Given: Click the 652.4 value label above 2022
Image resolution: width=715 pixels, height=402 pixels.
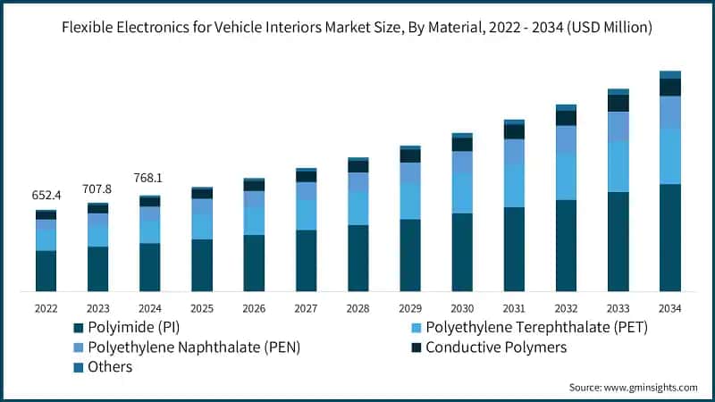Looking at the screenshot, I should point(46,196).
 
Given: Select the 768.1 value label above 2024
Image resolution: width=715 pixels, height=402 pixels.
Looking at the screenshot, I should point(149,178).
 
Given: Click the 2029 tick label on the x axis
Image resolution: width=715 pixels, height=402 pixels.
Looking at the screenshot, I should point(410,307).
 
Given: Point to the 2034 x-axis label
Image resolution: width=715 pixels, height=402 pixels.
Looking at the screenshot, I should point(669,307).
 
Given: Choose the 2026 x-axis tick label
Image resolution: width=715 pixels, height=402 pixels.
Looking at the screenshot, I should point(254,307).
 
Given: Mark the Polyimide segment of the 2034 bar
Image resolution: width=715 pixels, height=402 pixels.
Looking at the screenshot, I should point(669,238).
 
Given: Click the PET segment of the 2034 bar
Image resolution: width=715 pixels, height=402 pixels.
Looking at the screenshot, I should point(669,156).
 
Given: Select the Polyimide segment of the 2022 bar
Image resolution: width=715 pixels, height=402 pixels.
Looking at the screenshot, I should point(46,271).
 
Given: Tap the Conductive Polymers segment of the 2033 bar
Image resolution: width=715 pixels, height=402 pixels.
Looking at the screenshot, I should point(618,103).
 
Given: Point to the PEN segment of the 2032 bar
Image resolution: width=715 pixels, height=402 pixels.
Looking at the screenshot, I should point(566,139).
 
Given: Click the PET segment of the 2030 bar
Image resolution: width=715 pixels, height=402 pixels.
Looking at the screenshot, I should point(462,193).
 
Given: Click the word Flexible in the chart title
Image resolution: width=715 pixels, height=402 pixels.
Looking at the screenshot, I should point(89,28).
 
